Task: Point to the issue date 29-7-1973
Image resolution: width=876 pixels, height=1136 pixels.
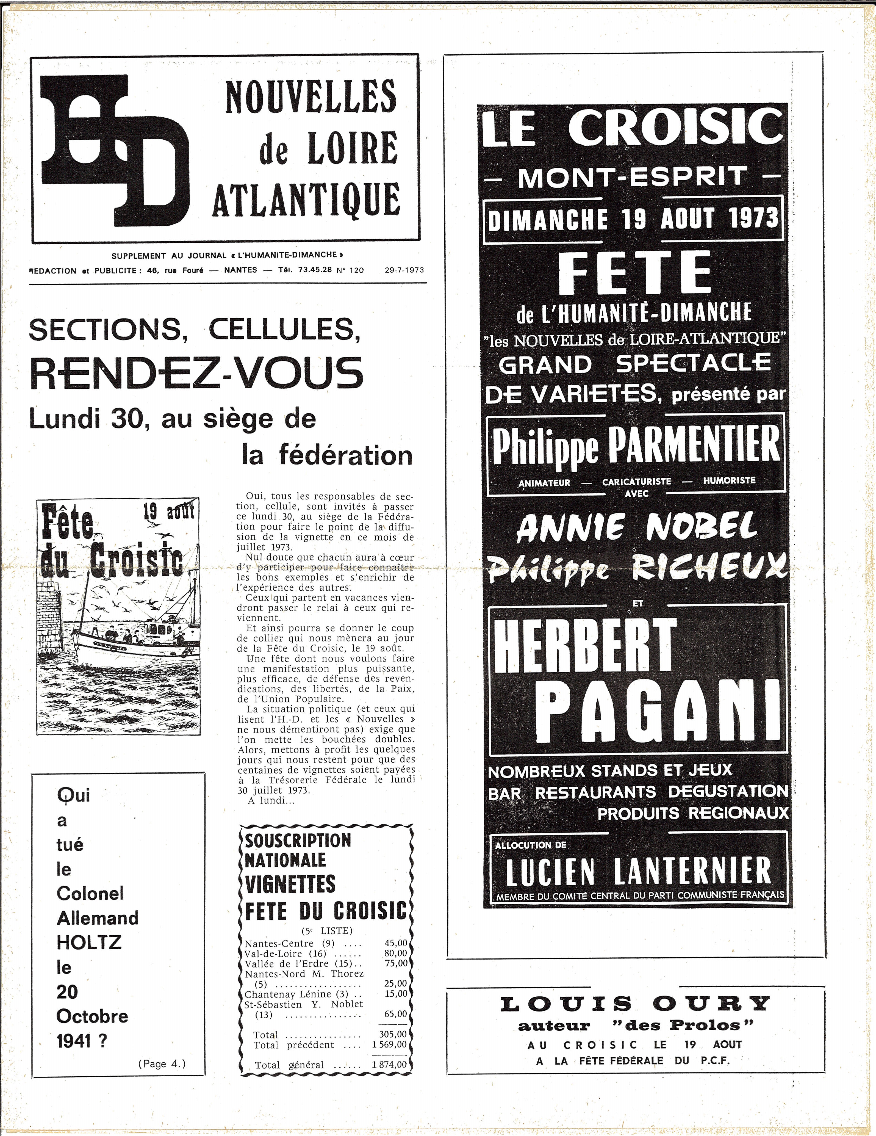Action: click(404, 270)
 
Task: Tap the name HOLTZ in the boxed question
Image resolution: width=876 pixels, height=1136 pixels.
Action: click(89, 942)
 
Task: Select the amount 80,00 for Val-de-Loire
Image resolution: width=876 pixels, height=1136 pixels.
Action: click(395, 953)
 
